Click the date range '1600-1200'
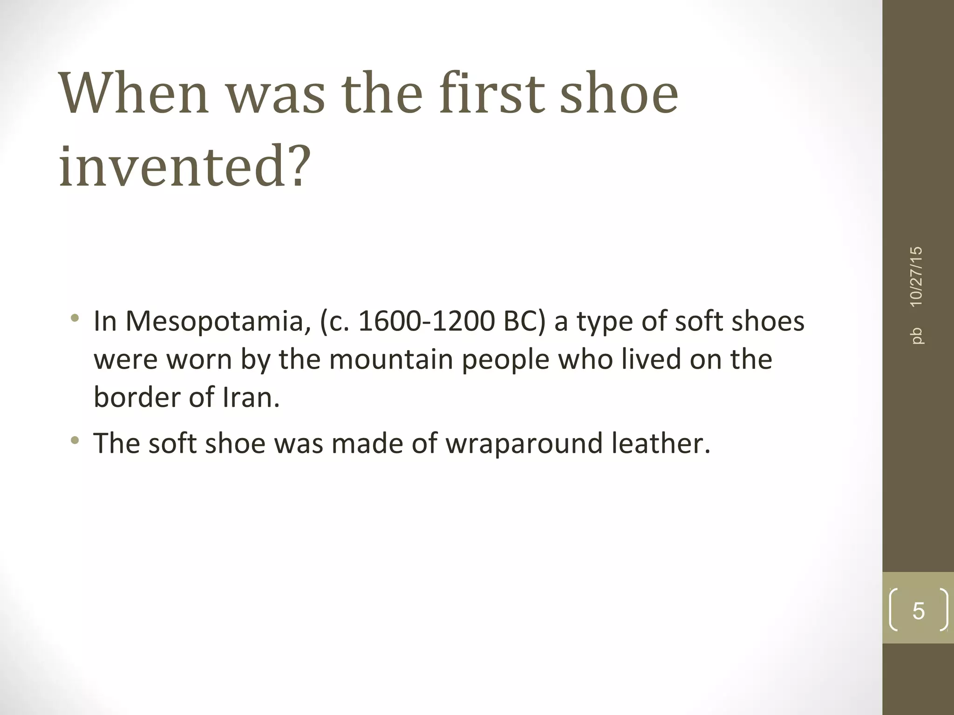426,322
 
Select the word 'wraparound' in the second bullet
524,443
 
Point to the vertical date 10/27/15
916,277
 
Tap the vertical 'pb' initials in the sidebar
916,336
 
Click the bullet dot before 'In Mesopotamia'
75,319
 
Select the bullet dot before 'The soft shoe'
75,440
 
